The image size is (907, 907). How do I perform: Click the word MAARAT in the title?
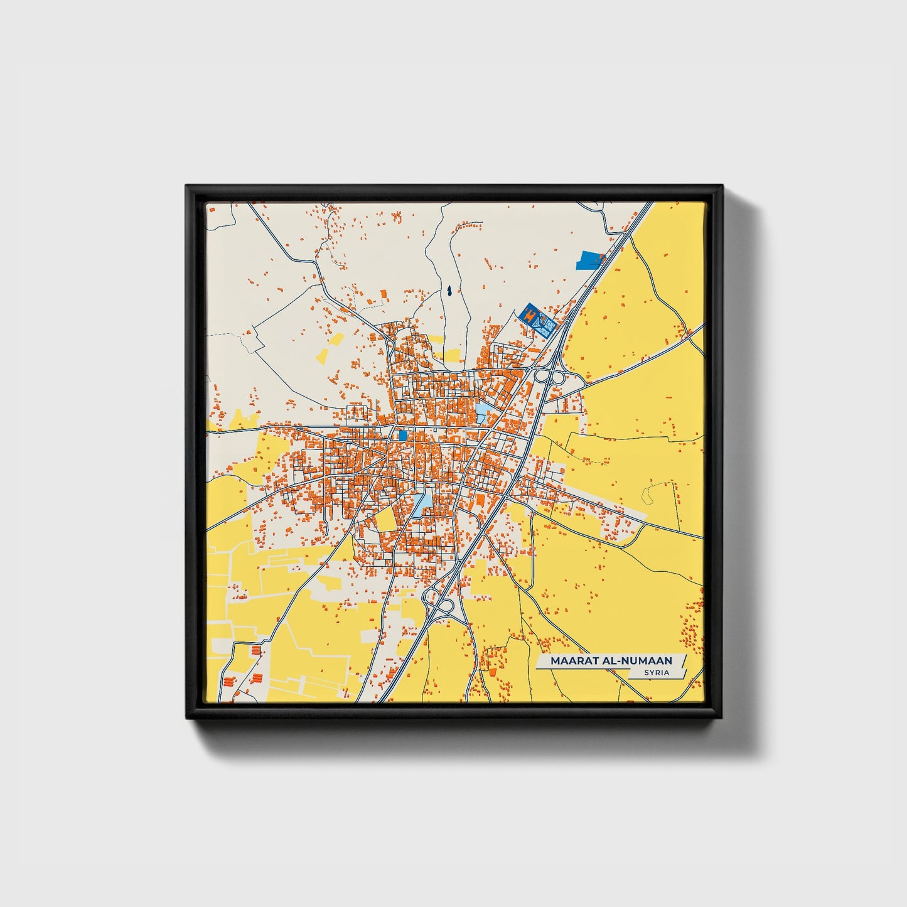point(571,661)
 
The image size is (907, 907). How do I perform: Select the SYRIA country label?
point(656,673)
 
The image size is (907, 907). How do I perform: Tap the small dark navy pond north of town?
point(449,291)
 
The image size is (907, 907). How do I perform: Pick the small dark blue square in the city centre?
point(402,434)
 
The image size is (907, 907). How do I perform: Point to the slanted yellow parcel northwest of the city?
point(329,347)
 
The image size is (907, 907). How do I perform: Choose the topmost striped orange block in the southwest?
point(255,650)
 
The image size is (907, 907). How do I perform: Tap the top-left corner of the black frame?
point(186,186)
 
